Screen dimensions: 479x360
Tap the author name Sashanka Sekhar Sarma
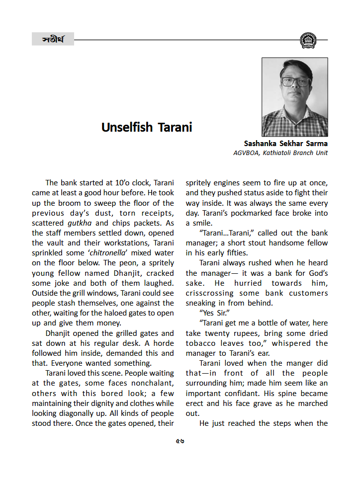click(285, 144)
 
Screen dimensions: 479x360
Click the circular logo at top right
click(308, 40)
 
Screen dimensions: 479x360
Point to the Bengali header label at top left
click(52, 39)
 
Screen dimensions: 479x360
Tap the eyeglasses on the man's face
click(295, 81)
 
